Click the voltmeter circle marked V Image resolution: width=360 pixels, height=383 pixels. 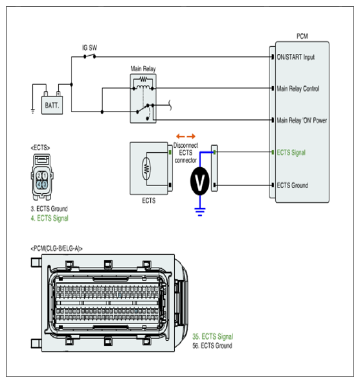(x=199, y=181)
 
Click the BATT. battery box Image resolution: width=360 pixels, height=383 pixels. (x=52, y=105)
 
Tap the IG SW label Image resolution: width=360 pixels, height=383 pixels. (x=89, y=47)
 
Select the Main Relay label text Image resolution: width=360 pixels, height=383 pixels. (x=143, y=69)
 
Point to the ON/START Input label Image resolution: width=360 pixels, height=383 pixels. (x=295, y=57)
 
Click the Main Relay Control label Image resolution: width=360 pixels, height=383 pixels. (x=298, y=89)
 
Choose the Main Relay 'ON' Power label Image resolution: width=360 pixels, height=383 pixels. (x=302, y=121)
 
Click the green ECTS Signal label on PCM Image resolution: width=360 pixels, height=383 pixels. (x=291, y=153)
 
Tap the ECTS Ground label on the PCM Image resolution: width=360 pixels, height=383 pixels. (x=293, y=185)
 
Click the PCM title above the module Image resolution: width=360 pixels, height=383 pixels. (x=302, y=36)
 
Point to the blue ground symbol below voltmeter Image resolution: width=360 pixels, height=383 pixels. (x=200, y=211)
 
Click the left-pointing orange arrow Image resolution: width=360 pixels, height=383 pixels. (x=180, y=136)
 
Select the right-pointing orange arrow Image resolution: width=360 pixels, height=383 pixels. (x=192, y=136)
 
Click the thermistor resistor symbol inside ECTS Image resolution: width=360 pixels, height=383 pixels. (x=146, y=168)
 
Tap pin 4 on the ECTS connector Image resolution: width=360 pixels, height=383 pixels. (x=39, y=184)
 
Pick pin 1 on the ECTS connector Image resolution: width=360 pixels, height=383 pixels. (x=45, y=176)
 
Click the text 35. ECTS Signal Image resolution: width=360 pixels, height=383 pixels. (x=213, y=336)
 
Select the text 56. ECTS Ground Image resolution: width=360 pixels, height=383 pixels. (x=212, y=346)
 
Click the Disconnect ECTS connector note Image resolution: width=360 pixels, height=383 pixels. (x=185, y=153)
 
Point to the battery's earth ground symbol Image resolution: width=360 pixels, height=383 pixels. (x=33, y=111)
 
